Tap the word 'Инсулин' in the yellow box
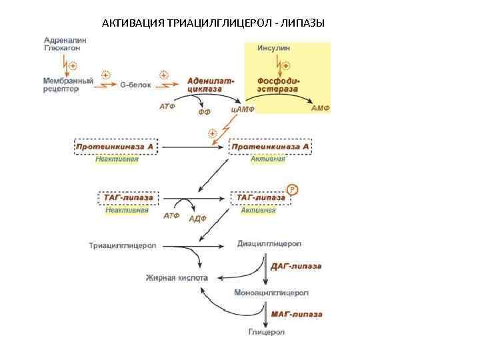(273, 49)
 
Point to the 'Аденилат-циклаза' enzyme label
(211, 85)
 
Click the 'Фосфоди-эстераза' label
(278, 85)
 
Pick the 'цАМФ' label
(243, 109)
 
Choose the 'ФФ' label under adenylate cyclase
(205, 113)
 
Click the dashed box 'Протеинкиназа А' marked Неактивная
(115, 146)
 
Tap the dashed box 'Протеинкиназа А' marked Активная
(270, 146)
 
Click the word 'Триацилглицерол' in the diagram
(123, 245)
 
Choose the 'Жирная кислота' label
(177, 277)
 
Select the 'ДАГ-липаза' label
(296, 266)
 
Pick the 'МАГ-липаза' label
(297, 314)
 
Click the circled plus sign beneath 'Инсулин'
(286, 65)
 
